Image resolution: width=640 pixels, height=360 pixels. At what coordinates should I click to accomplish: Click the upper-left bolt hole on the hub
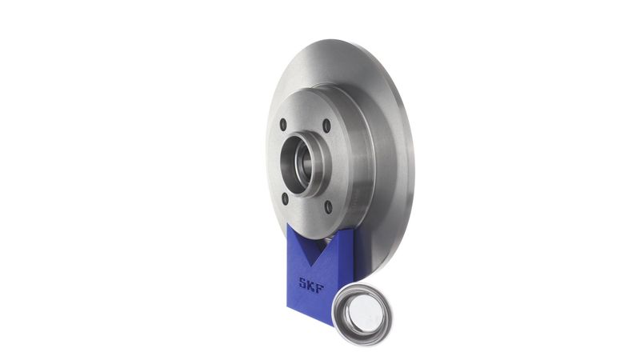[x=283, y=125]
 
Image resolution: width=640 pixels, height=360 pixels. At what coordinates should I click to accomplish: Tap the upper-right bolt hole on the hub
[x=326, y=126]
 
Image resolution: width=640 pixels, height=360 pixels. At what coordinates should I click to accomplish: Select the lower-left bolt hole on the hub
[x=285, y=198]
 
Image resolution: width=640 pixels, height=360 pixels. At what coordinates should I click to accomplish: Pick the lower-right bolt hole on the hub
[x=328, y=207]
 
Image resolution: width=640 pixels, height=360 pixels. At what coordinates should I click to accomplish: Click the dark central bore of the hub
[x=294, y=165]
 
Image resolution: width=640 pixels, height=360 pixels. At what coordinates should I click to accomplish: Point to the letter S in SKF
[x=303, y=282]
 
